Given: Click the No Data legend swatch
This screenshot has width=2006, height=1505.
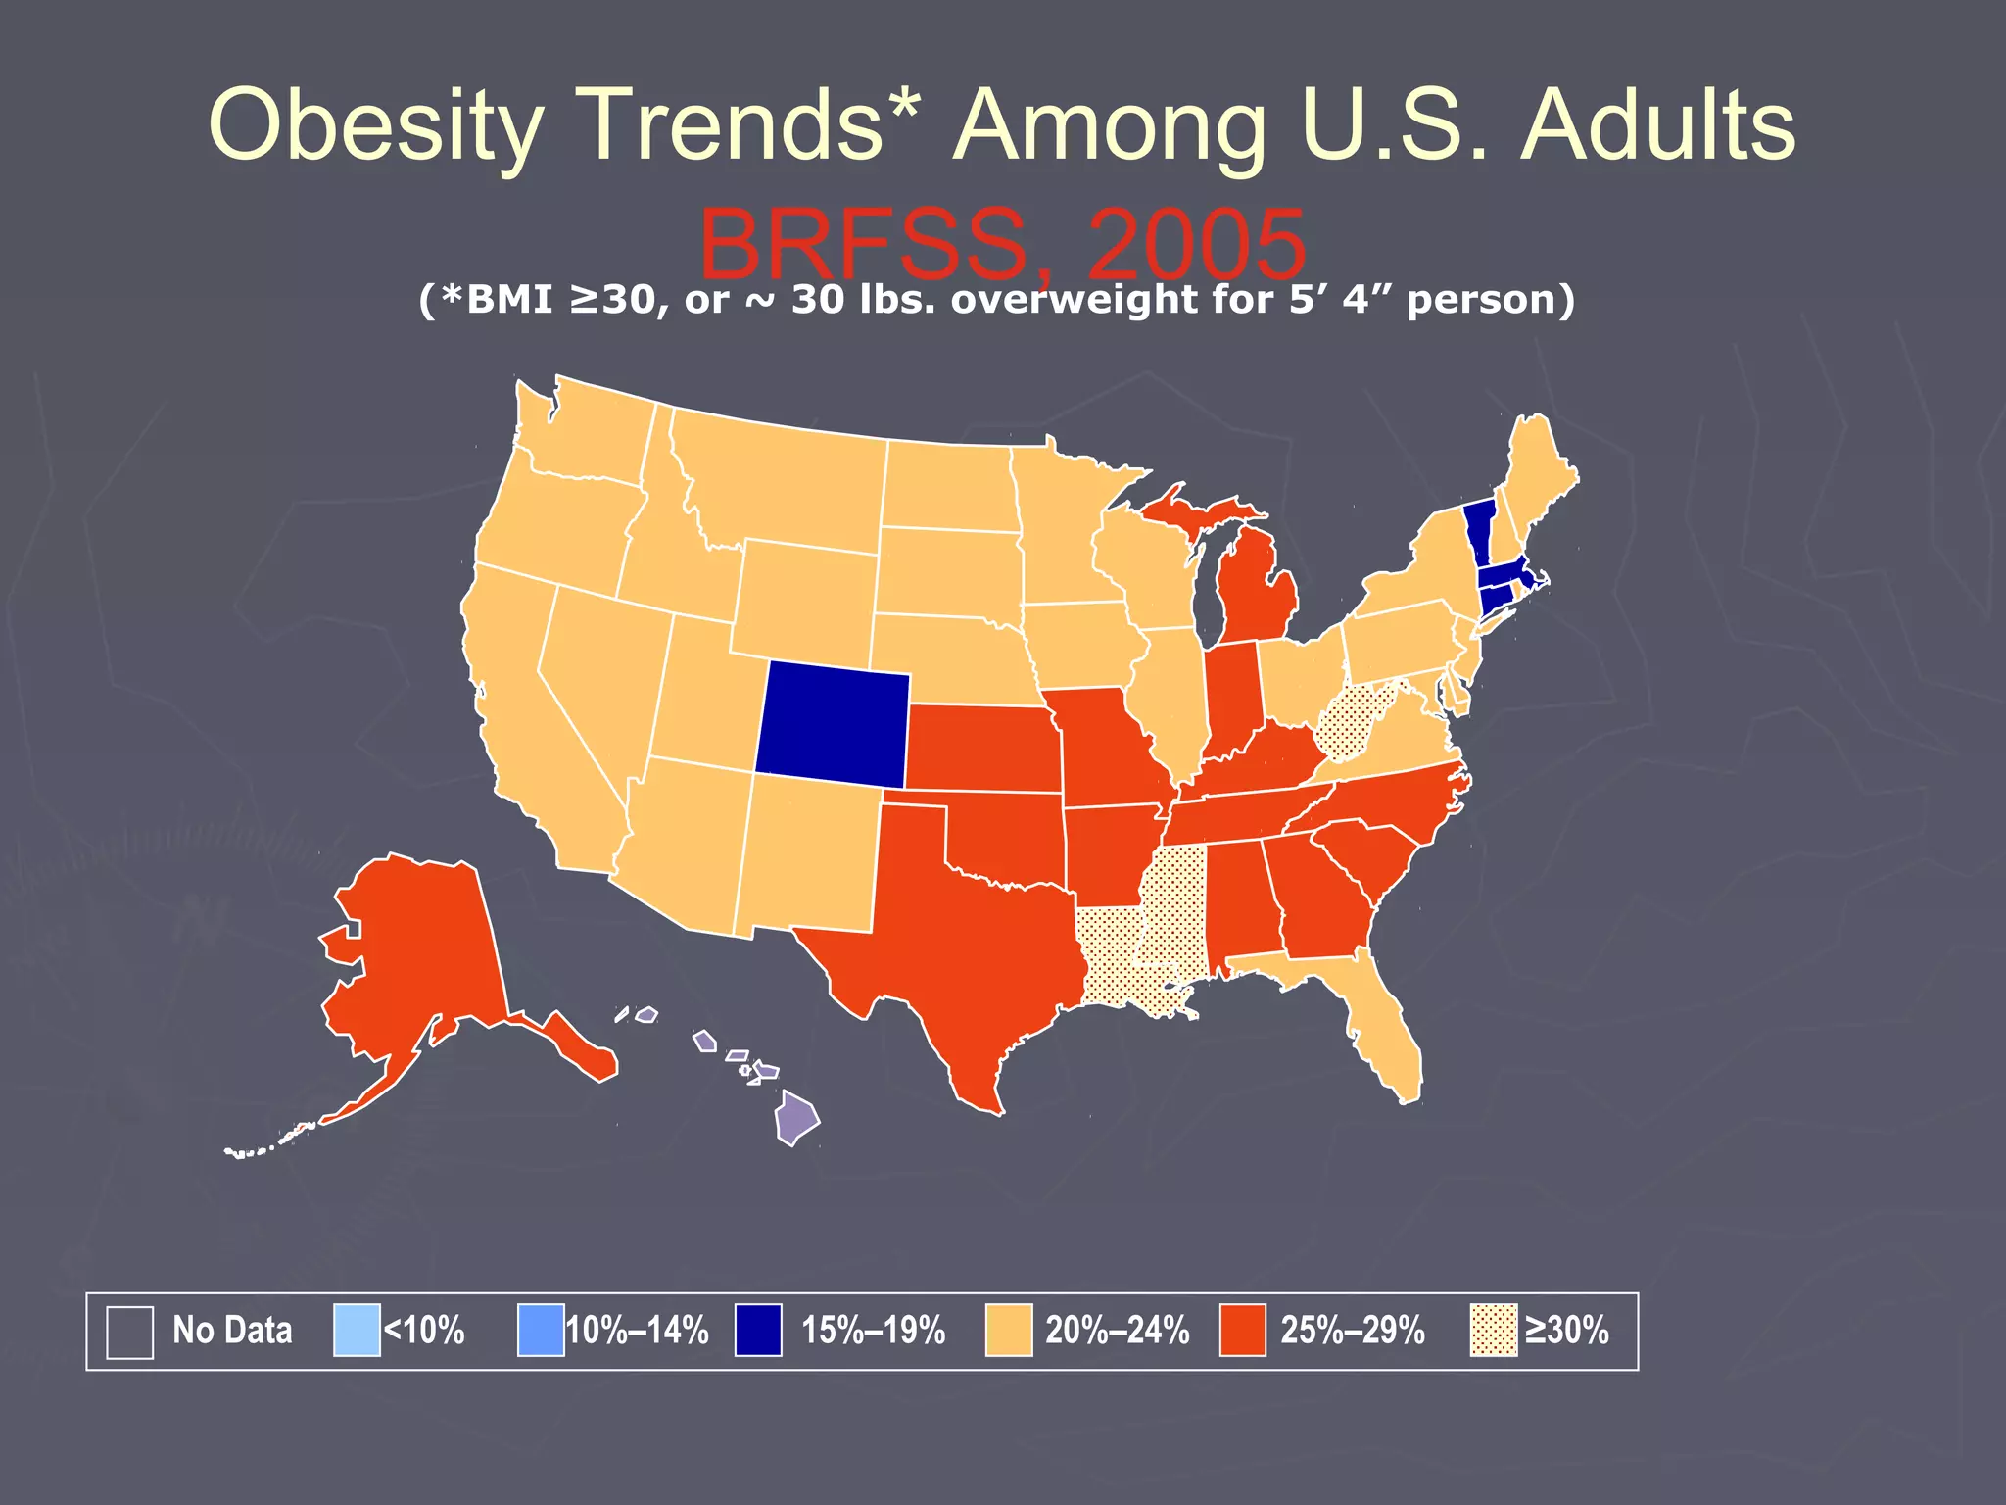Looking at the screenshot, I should point(129,1332).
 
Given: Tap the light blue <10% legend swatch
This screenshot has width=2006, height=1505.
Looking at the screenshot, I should point(357,1331).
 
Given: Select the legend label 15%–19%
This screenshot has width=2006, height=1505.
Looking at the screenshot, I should point(873,1331).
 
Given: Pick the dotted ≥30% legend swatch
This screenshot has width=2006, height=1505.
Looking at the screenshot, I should point(1494,1331).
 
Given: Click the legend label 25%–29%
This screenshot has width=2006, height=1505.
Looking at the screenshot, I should point(1352,1331).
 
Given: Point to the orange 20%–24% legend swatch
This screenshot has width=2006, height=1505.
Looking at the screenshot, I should point(1009,1331).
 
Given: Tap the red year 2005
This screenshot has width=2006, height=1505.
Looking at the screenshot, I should point(1195,245).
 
